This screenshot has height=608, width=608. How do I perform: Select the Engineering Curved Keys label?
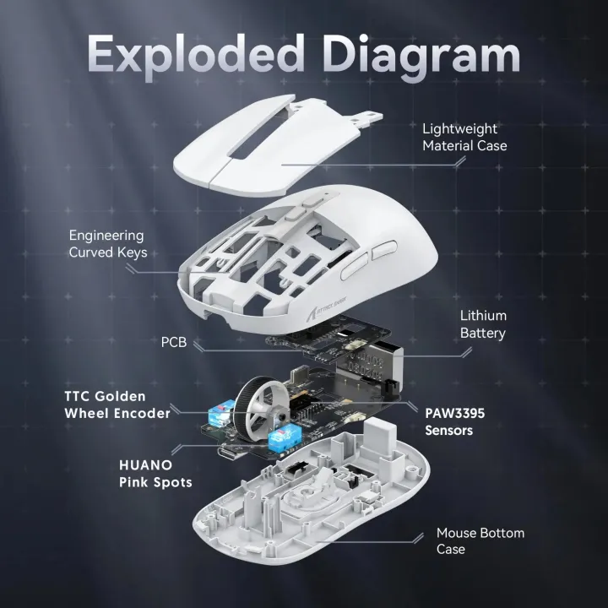click(106, 244)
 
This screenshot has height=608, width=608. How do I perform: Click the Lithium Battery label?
click(483, 324)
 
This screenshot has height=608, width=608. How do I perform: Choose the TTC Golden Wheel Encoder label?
click(117, 404)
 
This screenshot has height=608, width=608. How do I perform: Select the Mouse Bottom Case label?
click(480, 541)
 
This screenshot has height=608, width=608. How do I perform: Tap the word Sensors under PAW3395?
click(449, 431)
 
